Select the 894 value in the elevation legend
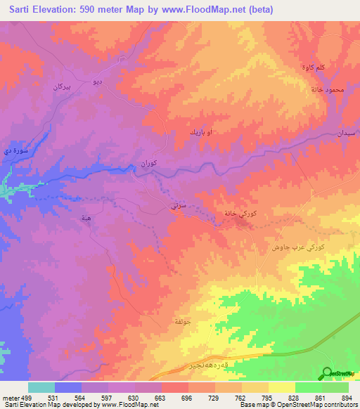347,398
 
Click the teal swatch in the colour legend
41,387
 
